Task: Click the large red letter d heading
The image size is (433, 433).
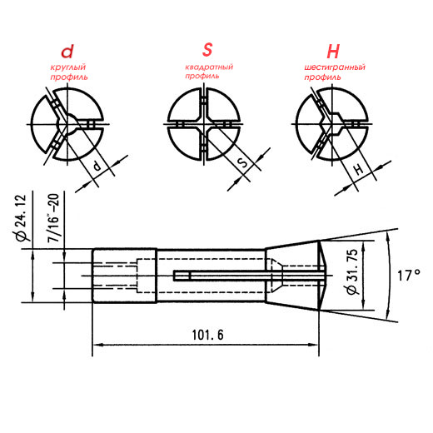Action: (67, 52)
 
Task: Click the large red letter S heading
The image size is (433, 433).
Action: (207, 50)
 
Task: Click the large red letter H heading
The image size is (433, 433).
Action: (333, 52)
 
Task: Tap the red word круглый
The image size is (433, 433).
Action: (68, 67)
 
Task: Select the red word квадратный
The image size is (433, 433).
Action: (209, 67)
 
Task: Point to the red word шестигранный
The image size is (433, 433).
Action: (335, 67)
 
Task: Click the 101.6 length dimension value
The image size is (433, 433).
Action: (207, 335)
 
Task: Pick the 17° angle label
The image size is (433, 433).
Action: (409, 276)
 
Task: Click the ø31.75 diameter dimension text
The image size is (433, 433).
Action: (352, 272)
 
